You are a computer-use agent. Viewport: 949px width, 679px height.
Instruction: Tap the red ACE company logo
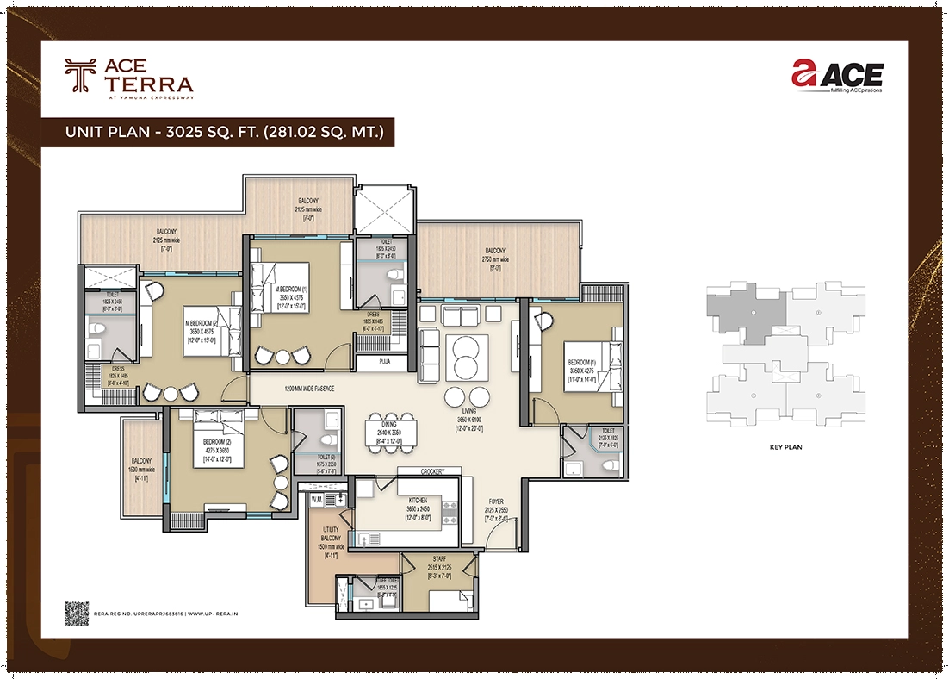pos(837,77)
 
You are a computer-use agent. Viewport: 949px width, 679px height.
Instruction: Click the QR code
pos(78,613)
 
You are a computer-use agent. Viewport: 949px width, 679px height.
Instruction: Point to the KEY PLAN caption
pos(785,448)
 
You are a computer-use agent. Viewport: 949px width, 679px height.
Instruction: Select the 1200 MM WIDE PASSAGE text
pos(309,389)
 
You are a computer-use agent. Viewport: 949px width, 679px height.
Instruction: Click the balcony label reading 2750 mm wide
pos(497,255)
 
